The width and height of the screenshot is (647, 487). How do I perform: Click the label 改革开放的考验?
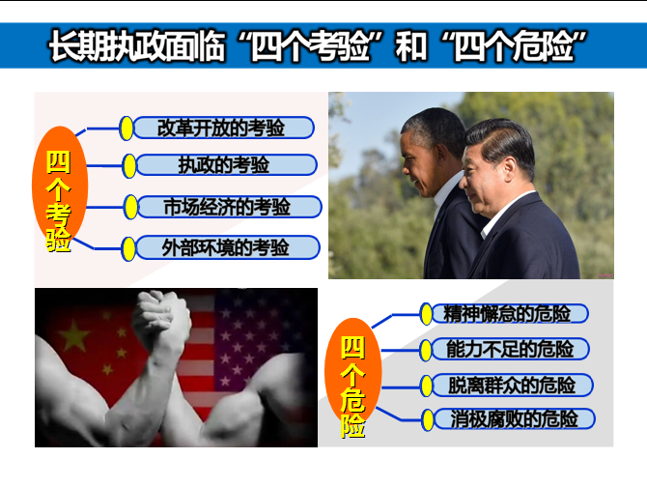pos(221,128)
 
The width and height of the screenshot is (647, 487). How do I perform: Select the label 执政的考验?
pos(224,165)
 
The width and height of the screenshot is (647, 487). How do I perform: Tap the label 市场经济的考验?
pos(227,207)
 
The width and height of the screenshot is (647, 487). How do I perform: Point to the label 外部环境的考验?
pos(225,247)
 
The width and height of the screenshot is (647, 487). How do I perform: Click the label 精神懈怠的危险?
pos(507,314)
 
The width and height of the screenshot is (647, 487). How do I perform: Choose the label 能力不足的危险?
pos(510,349)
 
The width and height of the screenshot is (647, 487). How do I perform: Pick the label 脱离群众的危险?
pos(512,386)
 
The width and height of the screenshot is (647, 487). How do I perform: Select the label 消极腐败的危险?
pos(514,419)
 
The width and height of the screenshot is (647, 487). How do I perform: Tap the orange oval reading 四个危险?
pos(352,374)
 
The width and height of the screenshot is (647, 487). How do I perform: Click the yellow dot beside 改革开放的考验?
pos(127,129)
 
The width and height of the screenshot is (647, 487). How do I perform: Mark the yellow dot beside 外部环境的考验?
pos(128,249)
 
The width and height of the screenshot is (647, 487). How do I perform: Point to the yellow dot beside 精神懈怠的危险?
pos(426,314)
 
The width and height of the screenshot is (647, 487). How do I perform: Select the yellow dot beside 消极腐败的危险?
pos(428,420)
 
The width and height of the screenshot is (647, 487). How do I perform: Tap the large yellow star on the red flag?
pos(74,335)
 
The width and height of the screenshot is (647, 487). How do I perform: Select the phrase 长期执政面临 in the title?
pos(137,46)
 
